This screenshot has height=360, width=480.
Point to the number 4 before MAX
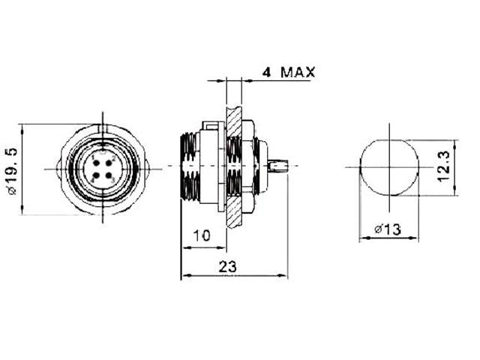click(267, 73)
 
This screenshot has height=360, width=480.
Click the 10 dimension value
click(200, 235)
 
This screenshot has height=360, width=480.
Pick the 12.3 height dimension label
click(443, 167)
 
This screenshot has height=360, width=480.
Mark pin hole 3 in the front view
click(109, 176)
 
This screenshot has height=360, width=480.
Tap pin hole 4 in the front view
click(95, 176)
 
